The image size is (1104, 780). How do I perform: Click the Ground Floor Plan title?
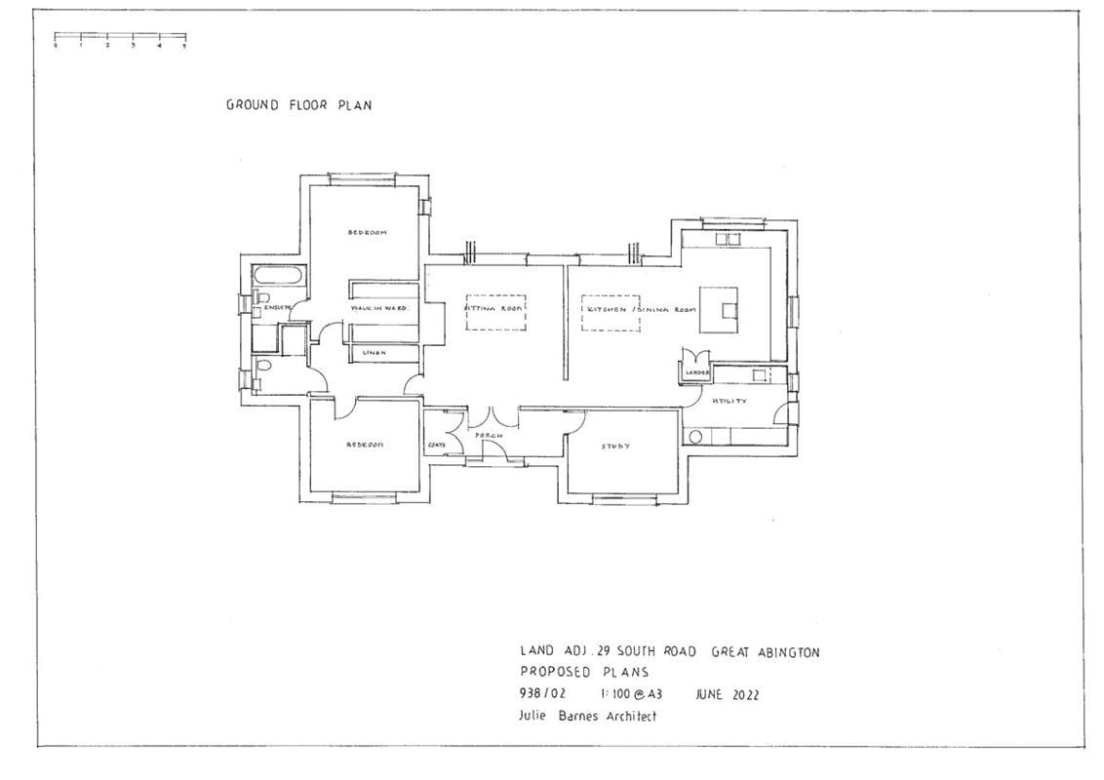click(x=298, y=105)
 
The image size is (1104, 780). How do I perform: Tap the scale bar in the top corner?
click(x=120, y=41)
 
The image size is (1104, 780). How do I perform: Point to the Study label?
click(x=614, y=447)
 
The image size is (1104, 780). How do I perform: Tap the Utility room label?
click(x=729, y=401)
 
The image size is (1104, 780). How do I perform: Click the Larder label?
click(x=696, y=372)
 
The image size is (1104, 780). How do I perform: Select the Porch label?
click(x=489, y=436)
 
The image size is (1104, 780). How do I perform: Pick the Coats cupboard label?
click(x=437, y=446)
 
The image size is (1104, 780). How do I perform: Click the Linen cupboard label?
click(x=375, y=352)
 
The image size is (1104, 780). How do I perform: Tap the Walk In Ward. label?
click(x=379, y=308)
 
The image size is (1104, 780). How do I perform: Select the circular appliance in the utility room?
click(x=695, y=437)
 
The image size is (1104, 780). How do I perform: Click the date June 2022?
click(x=727, y=695)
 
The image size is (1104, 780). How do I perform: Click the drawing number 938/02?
click(x=541, y=695)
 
